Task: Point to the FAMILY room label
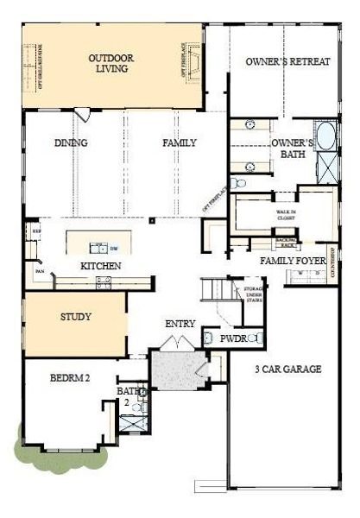click(180, 142)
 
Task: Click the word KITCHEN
click(100, 266)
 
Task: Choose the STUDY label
click(76, 317)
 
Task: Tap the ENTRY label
click(181, 324)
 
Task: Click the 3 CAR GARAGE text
click(288, 370)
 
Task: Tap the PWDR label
click(234, 340)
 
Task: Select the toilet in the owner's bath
click(240, 184)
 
